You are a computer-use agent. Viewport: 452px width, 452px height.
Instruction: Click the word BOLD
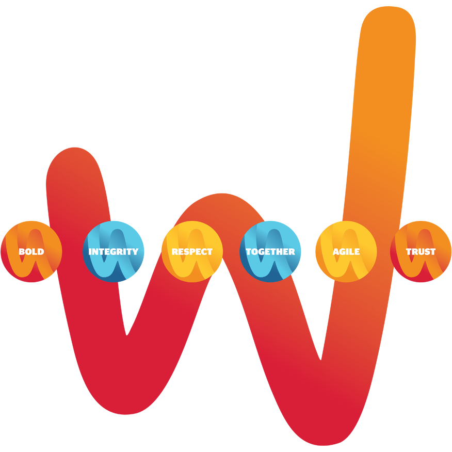tap(31, 252)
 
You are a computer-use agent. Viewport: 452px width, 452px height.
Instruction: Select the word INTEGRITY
tap(114, 252)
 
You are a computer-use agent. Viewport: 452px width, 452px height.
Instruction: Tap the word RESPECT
tap(192, 252)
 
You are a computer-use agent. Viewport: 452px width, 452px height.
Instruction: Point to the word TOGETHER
tap(270, 252)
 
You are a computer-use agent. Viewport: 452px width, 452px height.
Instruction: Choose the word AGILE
tap(346, 252)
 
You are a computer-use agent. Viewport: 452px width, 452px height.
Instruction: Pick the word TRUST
tap(421, 252)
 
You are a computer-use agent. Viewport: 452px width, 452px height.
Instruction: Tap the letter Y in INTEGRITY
tap(135, 252)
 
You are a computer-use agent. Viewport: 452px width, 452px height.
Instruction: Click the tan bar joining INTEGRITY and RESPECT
tap(163, 231)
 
